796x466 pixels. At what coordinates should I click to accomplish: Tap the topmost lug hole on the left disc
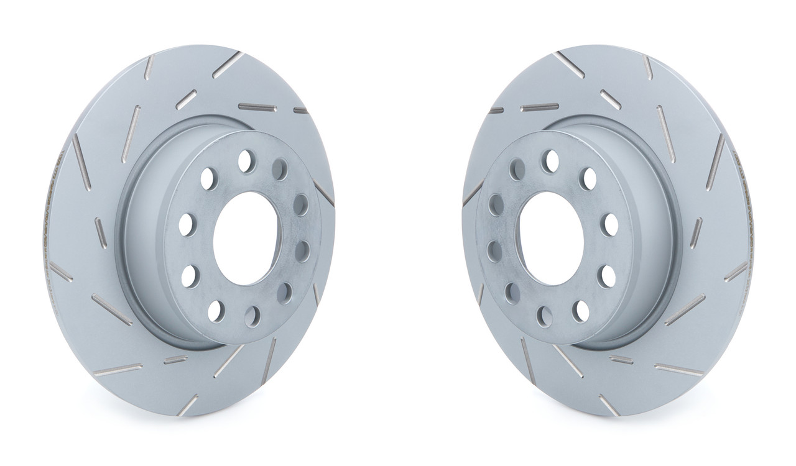[245, 159]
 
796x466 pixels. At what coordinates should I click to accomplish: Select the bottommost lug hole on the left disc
[252, 317]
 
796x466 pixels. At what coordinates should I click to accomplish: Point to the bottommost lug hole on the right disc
[545, 316]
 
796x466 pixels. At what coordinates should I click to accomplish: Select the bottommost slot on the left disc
[187, 404]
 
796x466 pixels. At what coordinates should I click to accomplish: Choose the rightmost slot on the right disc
[736, 272]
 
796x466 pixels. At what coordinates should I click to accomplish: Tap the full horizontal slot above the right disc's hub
[539, 107]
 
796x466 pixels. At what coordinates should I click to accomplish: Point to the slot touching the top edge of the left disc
[228, 64]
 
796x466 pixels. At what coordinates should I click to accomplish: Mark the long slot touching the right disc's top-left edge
[568, 64]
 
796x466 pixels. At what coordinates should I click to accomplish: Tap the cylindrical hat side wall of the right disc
[659, 249]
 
